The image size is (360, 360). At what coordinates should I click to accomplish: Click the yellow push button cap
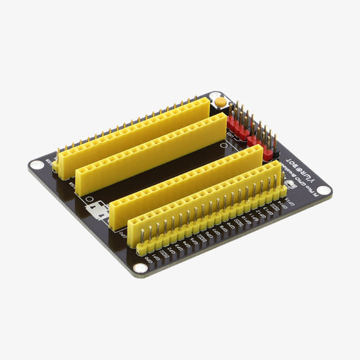(x=220, y=102)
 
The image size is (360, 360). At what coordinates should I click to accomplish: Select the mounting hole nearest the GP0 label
(x=138, y=267)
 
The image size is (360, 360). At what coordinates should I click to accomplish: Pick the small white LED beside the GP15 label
(x=290, y=184)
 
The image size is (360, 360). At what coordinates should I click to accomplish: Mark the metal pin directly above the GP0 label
(x=142, y=233)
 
